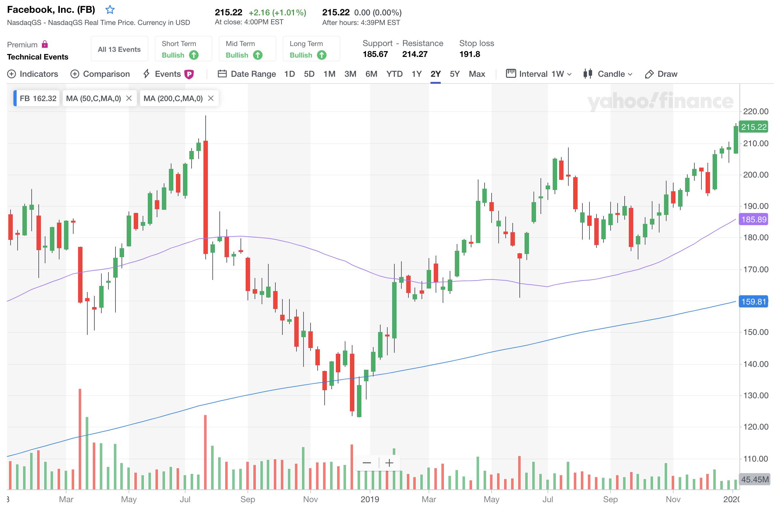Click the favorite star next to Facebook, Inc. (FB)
[x=110, y=10]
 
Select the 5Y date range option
[x=454, y=74]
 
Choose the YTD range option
[x=394, y=74]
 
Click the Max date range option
[x=477, y=74]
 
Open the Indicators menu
[x=33, y=74]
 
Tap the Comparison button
[x=100, y=74]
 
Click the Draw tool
[x=661, y=74]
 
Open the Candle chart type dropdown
[x=608, y=74]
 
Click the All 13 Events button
[x=119, y=50]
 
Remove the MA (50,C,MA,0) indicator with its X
[x=129, y=98]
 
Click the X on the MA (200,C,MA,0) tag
[x=211, y=98]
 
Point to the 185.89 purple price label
[x=754, y=219]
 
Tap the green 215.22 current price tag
[x=754, y=127]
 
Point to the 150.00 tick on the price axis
[x=755, y=332]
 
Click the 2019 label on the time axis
[x=370, y=499]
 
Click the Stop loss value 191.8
[x=470, y=54]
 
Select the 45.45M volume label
[x=754, y=479]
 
